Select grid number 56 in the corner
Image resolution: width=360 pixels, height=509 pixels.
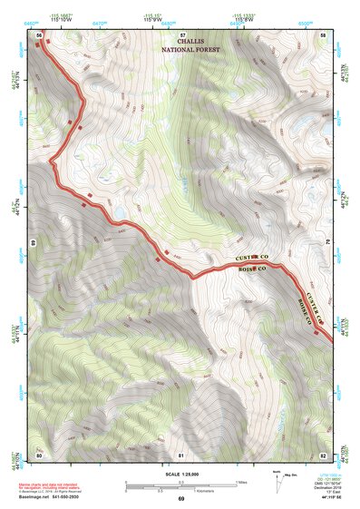coord(39,34)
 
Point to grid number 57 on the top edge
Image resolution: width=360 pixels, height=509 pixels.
coord(181,34)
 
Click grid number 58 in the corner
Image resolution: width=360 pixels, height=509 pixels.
coord(323,34)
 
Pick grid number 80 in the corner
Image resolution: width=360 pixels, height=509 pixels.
coord(39,454)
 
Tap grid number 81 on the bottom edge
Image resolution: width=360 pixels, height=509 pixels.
coord(181,454)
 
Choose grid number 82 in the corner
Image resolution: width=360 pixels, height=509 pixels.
coord(323,454)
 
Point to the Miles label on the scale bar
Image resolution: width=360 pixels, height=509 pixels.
coord(241,482)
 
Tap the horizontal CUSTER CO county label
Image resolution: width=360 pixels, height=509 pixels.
coord(254,259)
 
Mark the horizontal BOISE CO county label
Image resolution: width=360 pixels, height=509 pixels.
coord(250,269)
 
